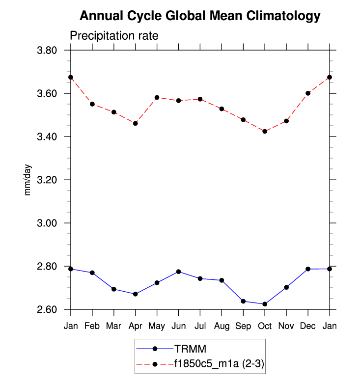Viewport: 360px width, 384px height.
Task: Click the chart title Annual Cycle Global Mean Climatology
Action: click(x=200, y=16)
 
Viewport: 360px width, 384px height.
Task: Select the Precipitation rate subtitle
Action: click(x=114, y=36)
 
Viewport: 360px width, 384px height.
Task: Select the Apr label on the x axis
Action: click(x=135, y=326)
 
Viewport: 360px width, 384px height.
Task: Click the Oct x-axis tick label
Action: click(x=265, y=326)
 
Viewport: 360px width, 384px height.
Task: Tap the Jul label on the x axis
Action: click(x=200, y=326)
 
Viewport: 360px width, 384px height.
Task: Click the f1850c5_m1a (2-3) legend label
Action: click(x=220, y=363)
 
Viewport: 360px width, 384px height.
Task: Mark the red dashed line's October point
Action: click(x=265, y=131)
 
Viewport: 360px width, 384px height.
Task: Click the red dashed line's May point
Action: click(x=157, y=97)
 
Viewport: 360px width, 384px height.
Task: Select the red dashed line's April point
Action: click(x=135, y=123)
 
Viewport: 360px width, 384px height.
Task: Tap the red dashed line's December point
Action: click(x=308, y=93)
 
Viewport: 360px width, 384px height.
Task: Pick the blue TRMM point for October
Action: click(x=265, y=304)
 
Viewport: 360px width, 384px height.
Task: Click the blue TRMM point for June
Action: click(x=178, y=272)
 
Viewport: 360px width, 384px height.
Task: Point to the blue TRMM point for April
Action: click(x=135, y=294)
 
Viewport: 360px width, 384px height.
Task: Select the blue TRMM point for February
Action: click(x=92, y=273)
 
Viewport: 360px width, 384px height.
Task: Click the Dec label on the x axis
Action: click(x=308, y=326)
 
